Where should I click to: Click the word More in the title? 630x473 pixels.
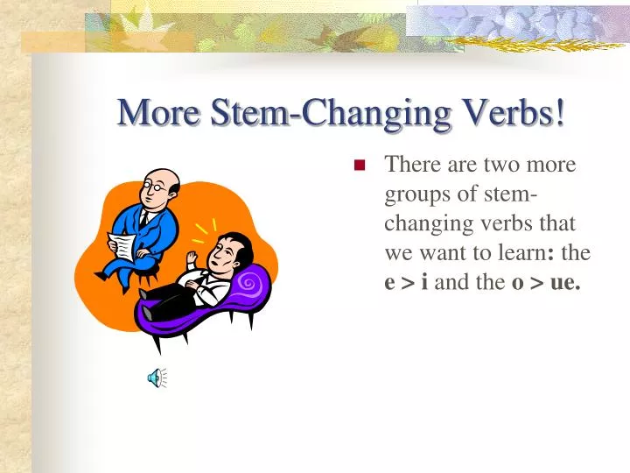(153, 112)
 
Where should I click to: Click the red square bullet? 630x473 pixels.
(359, 165)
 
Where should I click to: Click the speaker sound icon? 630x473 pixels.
(156, 378)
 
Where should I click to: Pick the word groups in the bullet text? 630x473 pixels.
(414, 194)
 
